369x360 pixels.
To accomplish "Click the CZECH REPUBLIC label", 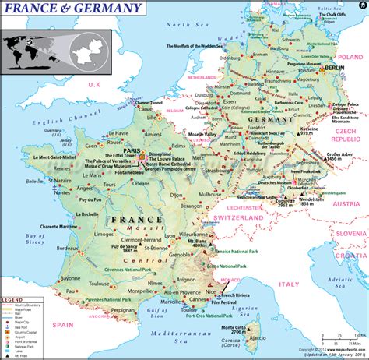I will tap(349, 138).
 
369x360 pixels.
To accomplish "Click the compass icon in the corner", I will tap(360, 7).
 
